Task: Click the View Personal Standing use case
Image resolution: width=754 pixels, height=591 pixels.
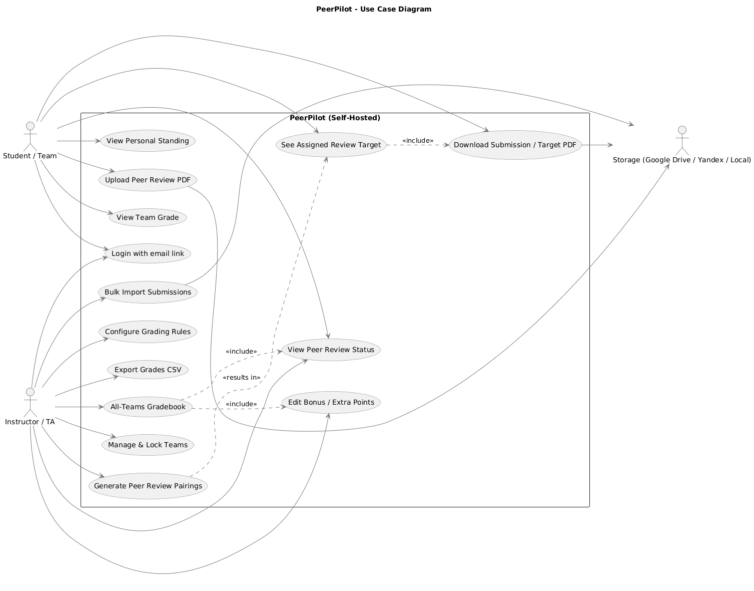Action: (148, 141)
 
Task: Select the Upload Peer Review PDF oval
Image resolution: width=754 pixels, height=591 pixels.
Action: (148, 180)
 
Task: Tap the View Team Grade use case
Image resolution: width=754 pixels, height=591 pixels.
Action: (148, 217)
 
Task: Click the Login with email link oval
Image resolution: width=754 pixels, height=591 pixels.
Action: (148, 253)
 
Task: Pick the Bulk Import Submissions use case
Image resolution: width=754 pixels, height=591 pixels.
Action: (148, 292)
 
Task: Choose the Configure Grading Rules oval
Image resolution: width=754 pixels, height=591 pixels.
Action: (148, 332)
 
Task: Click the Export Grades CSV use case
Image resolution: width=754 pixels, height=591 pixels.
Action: (148, 370)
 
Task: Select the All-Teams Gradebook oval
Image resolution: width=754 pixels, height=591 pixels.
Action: (148, 407)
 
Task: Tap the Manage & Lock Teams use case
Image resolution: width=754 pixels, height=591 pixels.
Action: (148, 445)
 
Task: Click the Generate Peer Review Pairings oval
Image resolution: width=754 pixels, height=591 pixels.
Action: (148, 485)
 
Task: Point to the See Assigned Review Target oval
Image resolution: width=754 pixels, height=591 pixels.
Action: (331, 145)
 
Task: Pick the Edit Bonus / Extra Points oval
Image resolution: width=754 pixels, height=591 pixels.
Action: (331, 402)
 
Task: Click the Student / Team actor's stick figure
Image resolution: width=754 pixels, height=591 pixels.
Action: (30, 135)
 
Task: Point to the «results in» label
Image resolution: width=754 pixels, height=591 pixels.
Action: (242, 377)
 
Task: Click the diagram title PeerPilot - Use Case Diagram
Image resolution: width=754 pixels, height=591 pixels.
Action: (374, 9)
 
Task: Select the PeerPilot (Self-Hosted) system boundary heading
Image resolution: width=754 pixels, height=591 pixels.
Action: (335, 118)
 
